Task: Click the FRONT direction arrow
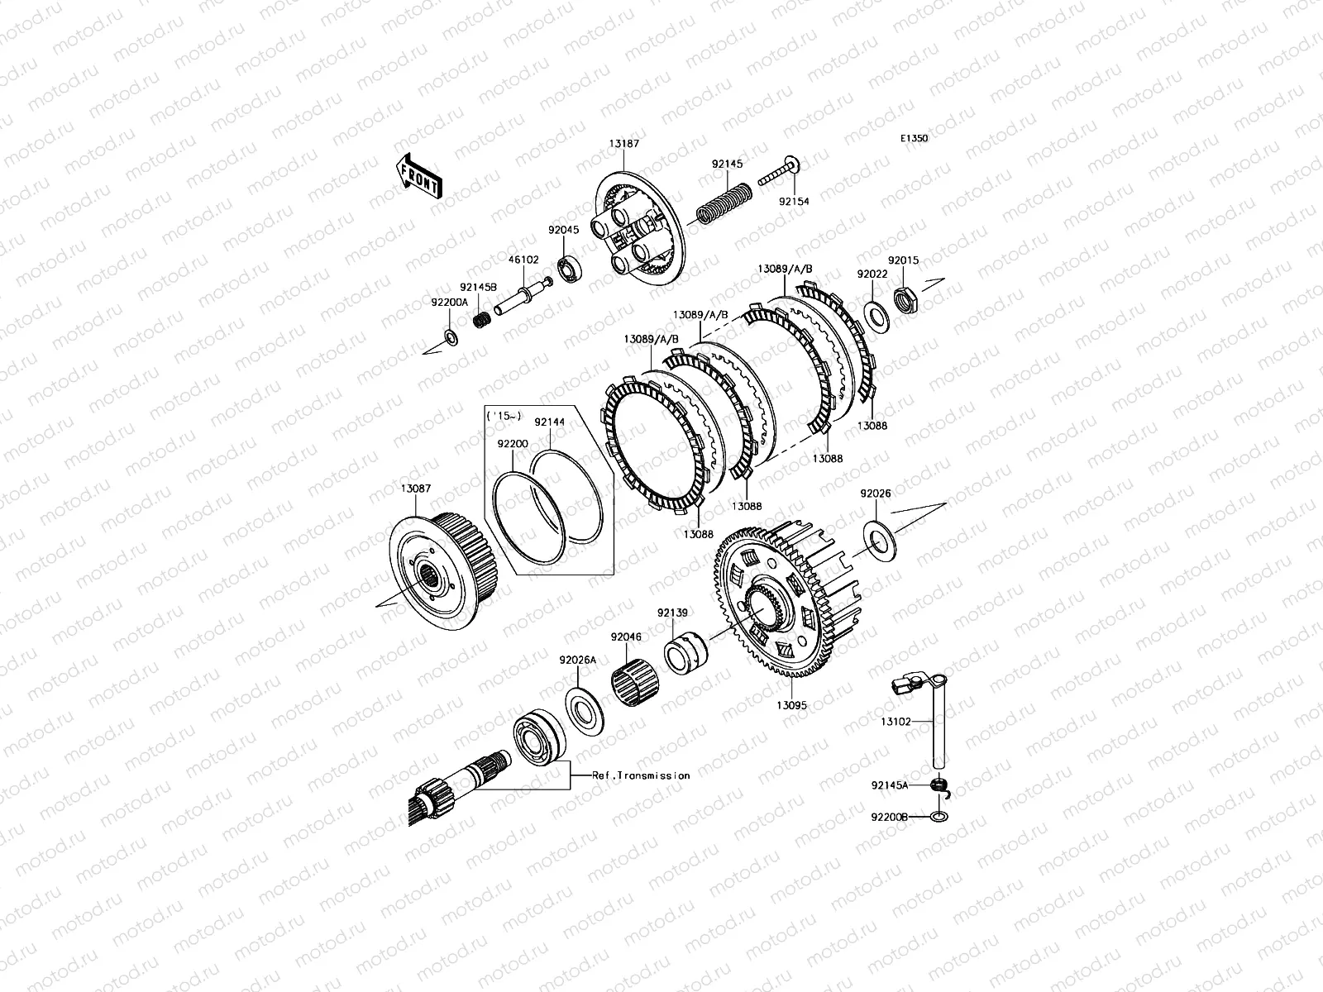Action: click(x=419, y=176)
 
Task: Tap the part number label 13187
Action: click(x=623, y=144)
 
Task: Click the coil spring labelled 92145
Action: click(x=724, y=203)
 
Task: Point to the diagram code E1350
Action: click(x=915, y=138)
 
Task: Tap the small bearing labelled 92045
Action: click(x=569, y=269)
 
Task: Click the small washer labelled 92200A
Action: click(x=451, y=338)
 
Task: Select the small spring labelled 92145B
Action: click(x=481, y=318)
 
